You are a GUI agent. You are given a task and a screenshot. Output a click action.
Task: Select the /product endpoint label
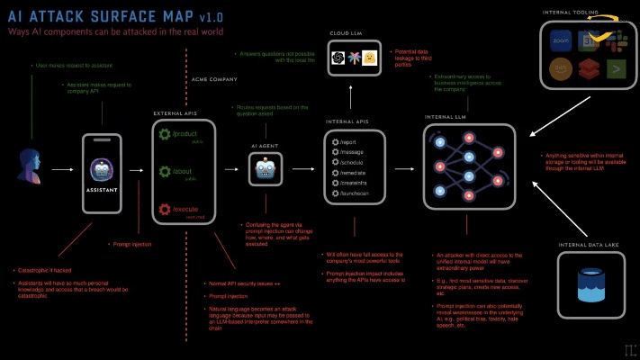[186, 133]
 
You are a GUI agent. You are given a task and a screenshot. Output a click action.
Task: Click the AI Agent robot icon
[266, 169]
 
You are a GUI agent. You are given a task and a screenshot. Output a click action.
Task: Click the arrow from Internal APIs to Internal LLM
[404, 168]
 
